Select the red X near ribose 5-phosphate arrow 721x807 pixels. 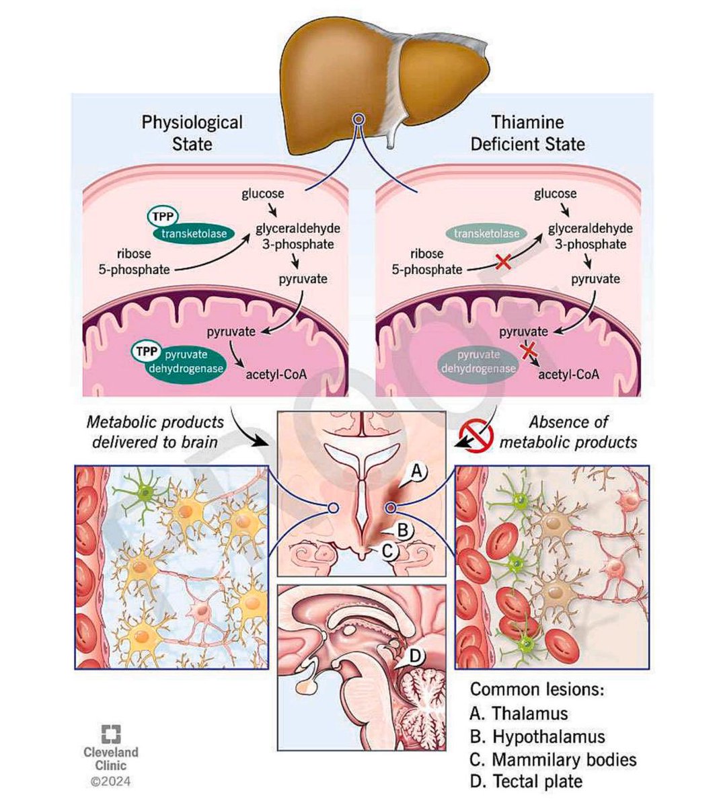[502, 264]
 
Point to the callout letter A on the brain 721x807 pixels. [415, 472]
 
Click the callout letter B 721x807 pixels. [402, 530]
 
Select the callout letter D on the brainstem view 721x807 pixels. [416, 654]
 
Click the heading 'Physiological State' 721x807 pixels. [192, 132]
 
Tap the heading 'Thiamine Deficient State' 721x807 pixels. [527, 132]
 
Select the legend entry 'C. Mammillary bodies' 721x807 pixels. [554, 759]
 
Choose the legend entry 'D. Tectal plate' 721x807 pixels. [527, 781]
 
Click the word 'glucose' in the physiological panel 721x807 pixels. [263, 194]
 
